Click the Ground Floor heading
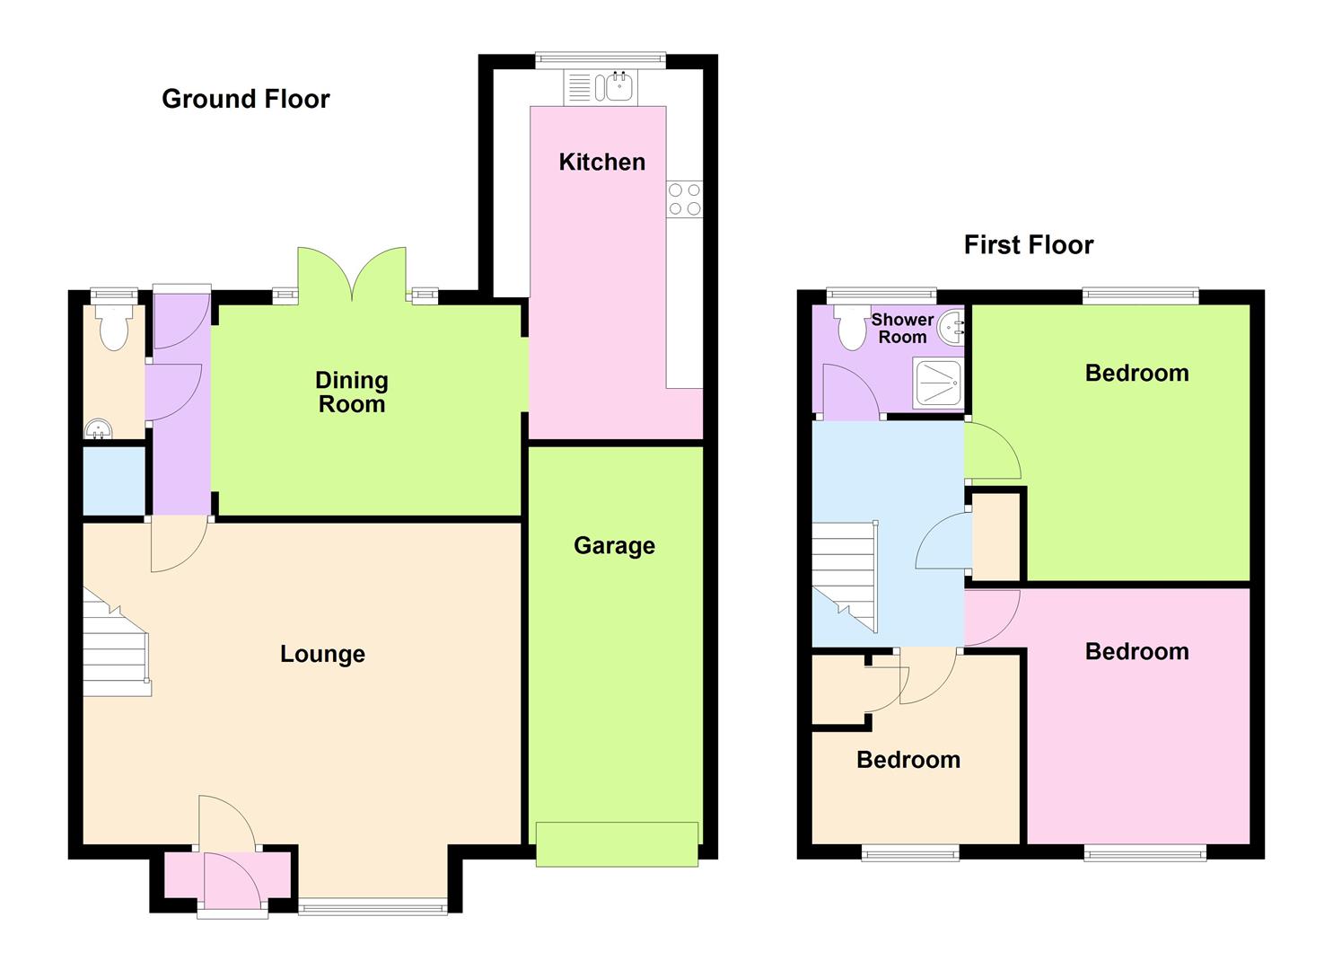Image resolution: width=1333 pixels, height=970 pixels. pos(245,99)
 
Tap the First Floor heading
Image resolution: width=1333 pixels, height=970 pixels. pos(1028,245)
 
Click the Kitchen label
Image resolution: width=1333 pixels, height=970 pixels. pos(601,163)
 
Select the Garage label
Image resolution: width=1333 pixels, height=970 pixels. pos(614,546)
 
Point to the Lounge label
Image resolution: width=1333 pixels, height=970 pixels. pos(322,654)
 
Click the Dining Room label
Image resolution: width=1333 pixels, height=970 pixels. pos(352,392)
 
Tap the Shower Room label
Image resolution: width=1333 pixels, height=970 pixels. pos(902,329)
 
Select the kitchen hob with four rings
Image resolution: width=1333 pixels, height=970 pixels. pos(685,199)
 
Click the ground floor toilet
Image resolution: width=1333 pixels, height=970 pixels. pos(114,328)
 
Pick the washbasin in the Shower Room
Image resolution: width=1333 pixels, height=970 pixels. pos(952,329)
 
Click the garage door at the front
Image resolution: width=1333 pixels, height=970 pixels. pos(617,843)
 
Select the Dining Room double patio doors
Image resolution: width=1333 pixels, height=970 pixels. pos(353,274)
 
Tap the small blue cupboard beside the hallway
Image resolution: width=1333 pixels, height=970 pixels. pos(114,481)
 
